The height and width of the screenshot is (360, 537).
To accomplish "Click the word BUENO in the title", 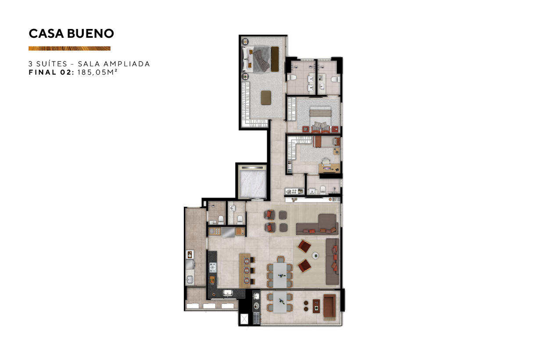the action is point(90,33).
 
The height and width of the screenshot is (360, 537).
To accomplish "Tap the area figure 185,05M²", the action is point(97,72).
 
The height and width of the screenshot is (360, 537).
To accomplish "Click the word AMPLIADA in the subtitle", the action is point(127,64).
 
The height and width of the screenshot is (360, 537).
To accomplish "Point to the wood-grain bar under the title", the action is point(69,48).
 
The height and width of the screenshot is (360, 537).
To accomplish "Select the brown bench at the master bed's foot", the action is point(275,59).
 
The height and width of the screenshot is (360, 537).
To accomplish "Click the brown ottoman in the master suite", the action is point(266,97).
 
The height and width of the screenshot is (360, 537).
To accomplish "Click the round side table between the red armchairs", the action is point(316,256).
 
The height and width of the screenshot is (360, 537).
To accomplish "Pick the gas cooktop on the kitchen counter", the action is point(213,267).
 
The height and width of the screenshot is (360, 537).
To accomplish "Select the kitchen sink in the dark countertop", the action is point(228,293).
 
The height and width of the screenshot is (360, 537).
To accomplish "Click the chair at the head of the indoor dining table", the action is point(280,259).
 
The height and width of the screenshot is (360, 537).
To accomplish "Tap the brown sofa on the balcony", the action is point(329,307).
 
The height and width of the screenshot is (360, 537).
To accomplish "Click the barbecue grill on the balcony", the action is point(257,318).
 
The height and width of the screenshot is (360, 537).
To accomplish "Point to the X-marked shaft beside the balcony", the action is point(244,319).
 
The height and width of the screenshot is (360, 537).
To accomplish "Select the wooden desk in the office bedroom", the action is point(329,168).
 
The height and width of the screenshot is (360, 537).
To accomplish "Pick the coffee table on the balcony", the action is point(316,306).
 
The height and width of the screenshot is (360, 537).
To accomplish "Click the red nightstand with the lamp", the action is point(335,129).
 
